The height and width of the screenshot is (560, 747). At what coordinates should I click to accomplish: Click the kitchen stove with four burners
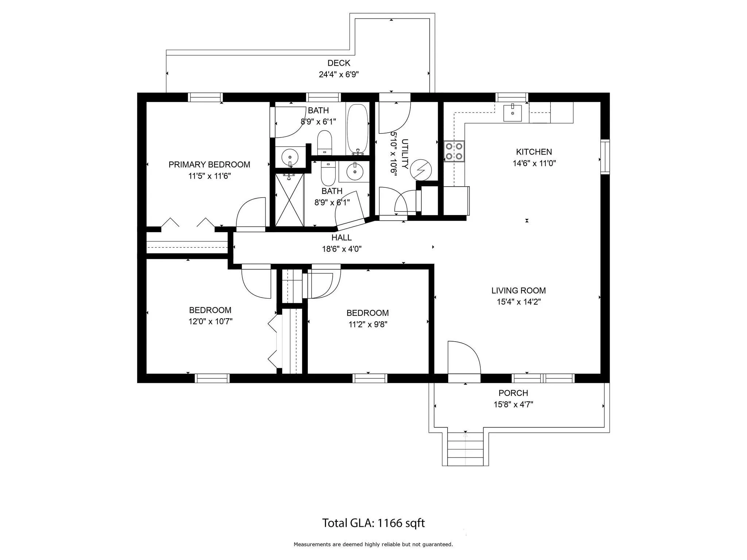(454, 151)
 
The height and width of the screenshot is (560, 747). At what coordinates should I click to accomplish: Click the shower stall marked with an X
(290, 200)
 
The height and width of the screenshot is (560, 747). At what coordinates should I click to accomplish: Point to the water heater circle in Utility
(421, 170)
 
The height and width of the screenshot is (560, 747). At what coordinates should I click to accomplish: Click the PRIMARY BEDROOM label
(209, 165)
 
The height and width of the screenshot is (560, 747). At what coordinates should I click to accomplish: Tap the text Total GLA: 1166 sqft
(373, 523)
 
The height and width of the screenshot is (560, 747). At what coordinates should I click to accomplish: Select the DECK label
(339, 63)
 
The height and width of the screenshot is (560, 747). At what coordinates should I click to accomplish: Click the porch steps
(465, 449)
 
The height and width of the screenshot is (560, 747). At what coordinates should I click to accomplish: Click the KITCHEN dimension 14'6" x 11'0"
(534, 163)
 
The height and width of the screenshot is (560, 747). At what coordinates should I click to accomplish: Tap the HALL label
(342, 238)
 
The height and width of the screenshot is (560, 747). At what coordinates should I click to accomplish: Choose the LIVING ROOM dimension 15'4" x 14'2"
(519, 302)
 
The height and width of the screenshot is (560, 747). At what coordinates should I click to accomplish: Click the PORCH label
(514, 393)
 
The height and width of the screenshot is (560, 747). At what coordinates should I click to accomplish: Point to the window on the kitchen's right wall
(605, 157)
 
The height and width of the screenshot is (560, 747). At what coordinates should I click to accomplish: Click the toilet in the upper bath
(324, 143)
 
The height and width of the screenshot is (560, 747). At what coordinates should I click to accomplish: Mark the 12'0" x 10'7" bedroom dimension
(210, 322)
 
